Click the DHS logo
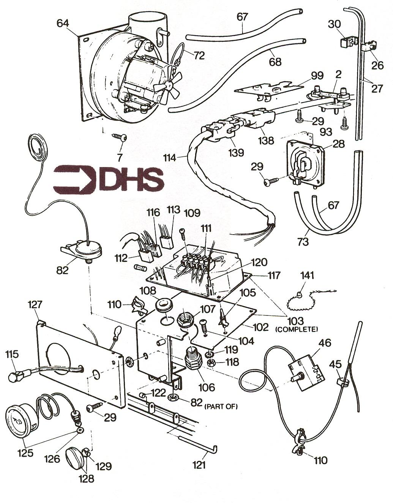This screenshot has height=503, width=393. (x=109, y=180)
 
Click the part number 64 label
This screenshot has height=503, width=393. (x=63, y=24)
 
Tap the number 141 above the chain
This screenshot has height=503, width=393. (x=307, y=276)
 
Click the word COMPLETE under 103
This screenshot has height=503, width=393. (x=297, y=329)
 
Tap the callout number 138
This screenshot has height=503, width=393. (x=266, y=140)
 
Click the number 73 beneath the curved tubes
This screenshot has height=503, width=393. (x=303, y=241)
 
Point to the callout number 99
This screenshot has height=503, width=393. (x=317, y=76)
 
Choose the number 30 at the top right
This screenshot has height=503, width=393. (x=334, y=24)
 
